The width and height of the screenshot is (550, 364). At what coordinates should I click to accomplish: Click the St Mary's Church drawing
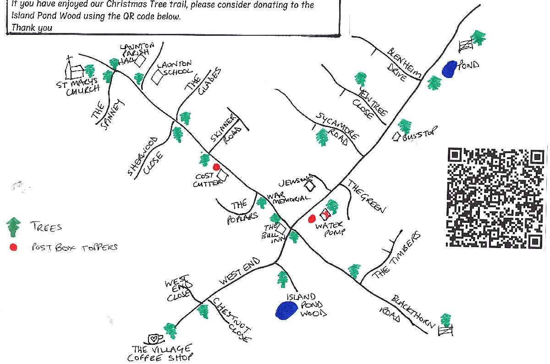pos(74,70)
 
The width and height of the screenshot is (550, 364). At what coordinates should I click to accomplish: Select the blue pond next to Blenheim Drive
pos(449,69)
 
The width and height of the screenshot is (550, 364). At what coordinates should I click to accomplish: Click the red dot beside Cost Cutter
pos(216,167)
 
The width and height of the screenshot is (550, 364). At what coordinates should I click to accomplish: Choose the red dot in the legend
pos(13,247)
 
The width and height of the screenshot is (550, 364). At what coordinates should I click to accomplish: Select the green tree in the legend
pos(14,226)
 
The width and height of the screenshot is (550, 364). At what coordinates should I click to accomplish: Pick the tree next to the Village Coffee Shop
pos(170,331)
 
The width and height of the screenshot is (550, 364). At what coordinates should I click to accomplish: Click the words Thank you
pos(32,27)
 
